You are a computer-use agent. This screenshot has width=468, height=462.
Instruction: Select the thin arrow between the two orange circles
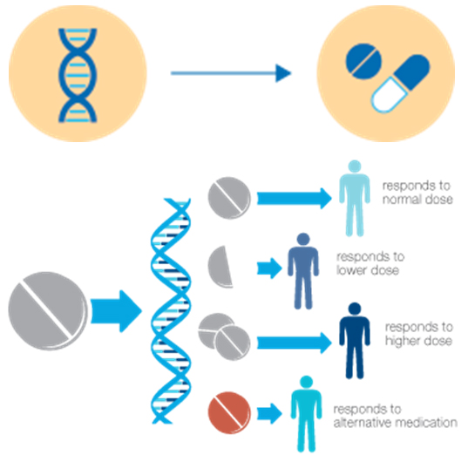(x=231, y=73)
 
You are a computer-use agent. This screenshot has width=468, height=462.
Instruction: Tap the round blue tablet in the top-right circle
(x=363, y=62)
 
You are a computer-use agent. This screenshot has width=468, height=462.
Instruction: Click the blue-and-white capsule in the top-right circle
(x=400, y=84)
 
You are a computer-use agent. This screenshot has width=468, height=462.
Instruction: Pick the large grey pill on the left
(x=48, y=310)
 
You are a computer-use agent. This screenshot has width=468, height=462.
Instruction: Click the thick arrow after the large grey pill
(x=116, y=311)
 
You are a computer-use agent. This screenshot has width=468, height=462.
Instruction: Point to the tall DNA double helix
(x=171, y=311)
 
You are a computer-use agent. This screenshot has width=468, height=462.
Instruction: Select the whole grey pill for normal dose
(x=229, y=198)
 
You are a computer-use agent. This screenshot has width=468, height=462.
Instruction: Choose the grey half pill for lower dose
(x=220, y=267)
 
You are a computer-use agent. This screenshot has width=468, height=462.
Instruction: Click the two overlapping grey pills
(x=225, y=336)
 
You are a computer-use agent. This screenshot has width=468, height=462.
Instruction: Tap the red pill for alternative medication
(x=229, y=412)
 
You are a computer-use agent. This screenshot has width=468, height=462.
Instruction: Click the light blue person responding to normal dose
(x=355, y=198)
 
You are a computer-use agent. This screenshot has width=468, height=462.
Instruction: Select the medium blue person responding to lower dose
(x=303, y=271)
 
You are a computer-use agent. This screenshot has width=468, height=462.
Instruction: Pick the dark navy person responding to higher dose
(x=355, y=341)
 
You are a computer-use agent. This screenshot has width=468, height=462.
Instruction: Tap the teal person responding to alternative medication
(x=306, y=414)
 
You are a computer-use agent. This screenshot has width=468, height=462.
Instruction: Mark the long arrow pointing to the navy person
(x=295, y=343)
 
